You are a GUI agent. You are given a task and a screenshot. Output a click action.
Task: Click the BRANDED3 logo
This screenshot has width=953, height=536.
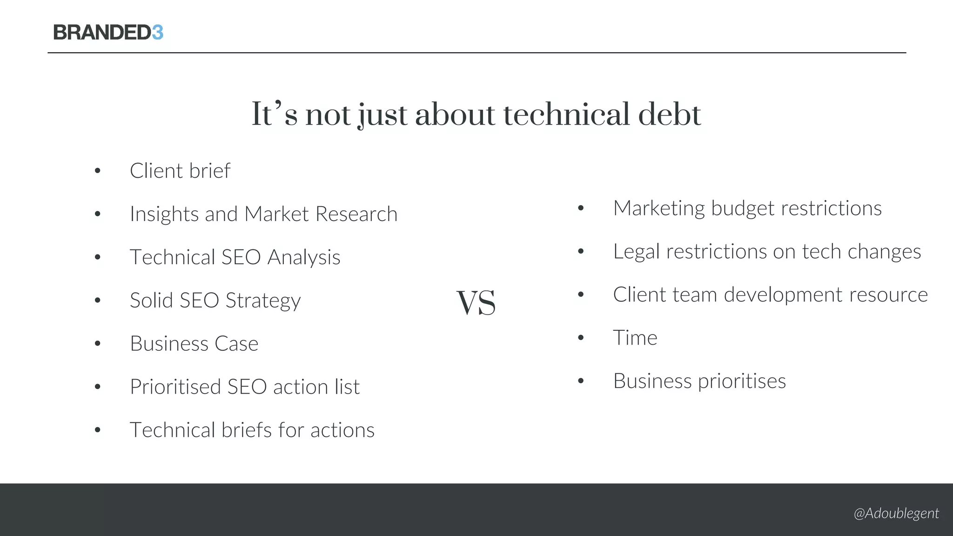[108, 33]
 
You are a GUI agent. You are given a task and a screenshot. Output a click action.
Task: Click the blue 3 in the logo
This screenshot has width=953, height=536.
[157, 33]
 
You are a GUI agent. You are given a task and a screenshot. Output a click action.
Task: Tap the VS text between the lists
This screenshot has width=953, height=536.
[476, 303]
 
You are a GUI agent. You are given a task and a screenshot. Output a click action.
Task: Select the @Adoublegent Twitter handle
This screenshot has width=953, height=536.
[896, 513]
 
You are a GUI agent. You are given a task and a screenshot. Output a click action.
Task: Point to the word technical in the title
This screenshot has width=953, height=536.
[567, 114]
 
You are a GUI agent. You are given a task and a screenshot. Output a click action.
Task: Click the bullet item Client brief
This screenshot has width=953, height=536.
[180, 171]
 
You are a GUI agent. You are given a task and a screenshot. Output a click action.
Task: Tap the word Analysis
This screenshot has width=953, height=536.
[304, 257]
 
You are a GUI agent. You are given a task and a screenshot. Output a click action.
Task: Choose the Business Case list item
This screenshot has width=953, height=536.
[194, 344]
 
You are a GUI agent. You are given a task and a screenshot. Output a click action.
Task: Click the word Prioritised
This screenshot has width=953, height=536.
[175, 387]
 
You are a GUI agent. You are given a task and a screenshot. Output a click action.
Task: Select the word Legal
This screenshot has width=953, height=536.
[636, 252]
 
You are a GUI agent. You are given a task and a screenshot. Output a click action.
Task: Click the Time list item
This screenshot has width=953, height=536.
[635, 338]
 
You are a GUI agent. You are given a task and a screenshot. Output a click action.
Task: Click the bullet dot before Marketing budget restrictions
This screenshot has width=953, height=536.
[581, 208]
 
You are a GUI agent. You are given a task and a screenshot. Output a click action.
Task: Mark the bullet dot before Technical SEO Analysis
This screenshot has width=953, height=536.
[97, 257]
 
